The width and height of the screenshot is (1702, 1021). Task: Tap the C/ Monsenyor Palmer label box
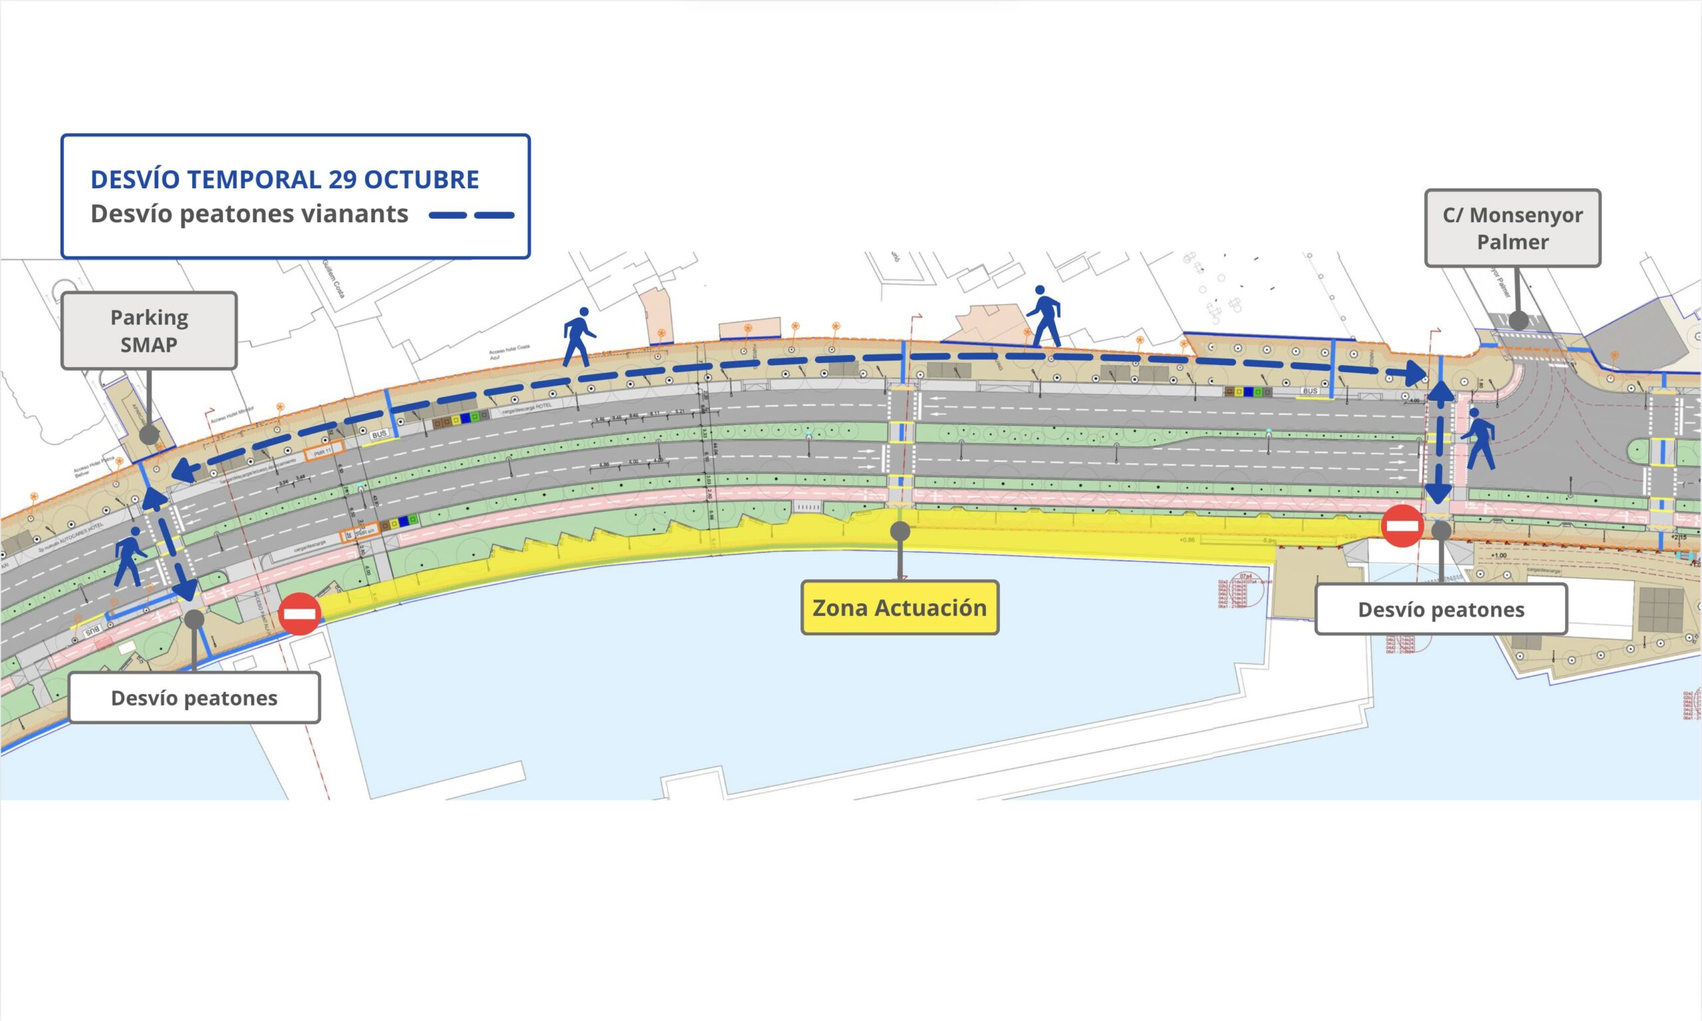point(1513,227)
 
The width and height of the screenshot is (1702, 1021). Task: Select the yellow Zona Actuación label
point(900,607)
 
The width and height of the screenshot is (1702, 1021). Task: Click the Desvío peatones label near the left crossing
point(194,698)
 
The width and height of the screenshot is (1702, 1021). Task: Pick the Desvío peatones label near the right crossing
point(1441,609)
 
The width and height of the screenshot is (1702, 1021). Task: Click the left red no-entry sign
point(300,613)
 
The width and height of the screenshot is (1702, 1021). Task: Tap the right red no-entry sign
point(1402,526)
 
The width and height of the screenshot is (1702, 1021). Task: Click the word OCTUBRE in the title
point(421,180)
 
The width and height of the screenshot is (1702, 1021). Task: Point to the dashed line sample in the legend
point(471,215)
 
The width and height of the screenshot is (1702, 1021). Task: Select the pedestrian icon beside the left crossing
point(129,556)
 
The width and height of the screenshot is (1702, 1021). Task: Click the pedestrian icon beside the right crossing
point(1479,438)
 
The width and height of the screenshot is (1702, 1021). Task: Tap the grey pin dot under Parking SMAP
point(149,435)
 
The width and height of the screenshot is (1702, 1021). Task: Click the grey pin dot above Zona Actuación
point(900,531)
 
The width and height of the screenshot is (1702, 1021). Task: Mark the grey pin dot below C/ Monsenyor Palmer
point(1519,320)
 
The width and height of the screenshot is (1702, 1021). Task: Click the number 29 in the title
point(342,180)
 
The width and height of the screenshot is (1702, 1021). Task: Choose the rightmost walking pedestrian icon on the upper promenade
point(1044,316)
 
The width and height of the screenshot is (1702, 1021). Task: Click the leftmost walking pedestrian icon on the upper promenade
point(578,336)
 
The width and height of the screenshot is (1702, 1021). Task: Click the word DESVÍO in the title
point(135,180)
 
